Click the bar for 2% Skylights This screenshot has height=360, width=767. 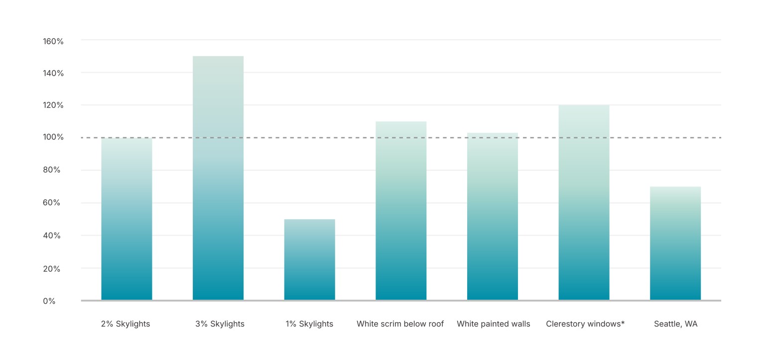[x=127, y=219]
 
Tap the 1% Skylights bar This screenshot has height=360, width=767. [x=309, y=259]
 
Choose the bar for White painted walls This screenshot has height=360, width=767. [x=492, y=217]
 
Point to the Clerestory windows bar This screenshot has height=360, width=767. [x=584, y=203]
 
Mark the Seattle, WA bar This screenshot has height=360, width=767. [x=675, y=243]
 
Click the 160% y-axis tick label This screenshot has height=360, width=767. [x=53, y=41]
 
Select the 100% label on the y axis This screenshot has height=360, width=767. [x=53, y=137]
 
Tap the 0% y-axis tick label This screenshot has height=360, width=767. [x=49, y=301]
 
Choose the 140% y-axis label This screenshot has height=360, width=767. [x=53, y=73]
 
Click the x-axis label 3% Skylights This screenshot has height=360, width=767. [x=220, y=324]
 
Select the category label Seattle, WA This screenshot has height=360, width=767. [x=675, y=324]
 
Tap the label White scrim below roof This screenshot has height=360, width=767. [x=400, y=324]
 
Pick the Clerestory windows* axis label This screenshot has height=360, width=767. [x=585, y=324]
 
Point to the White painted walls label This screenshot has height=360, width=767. [x=493, y=324]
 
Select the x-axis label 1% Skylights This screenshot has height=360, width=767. [x=309, y=324]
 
